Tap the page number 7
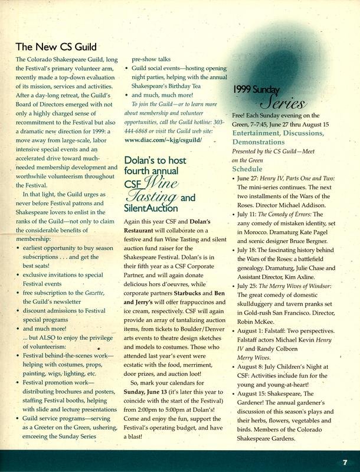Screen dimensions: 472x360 [x=344, y=461]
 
